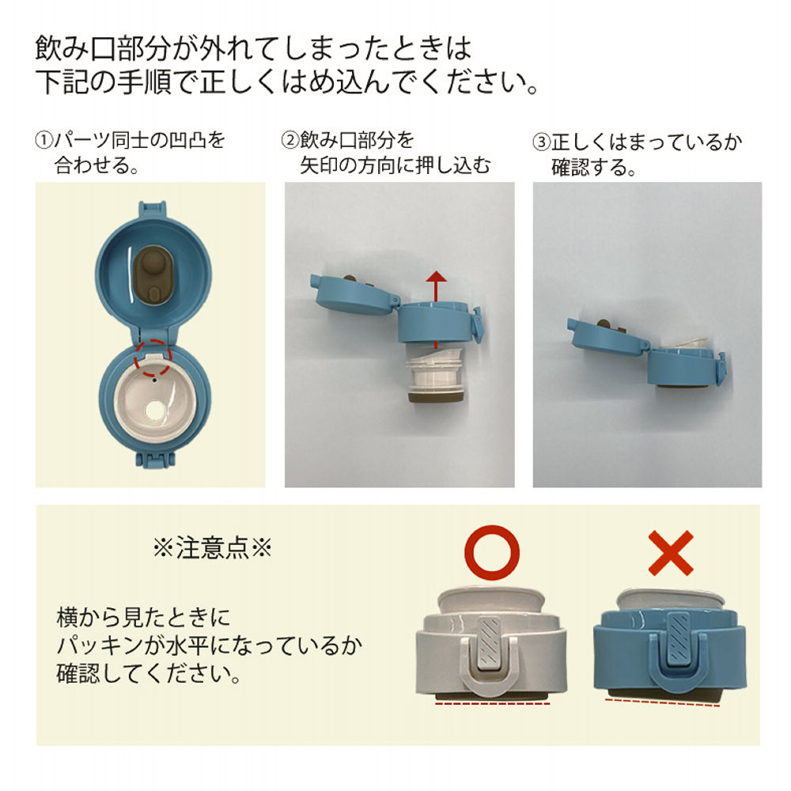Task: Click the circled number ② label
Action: click(x=290, y=142)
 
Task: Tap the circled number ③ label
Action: click(x=541, y=143)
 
